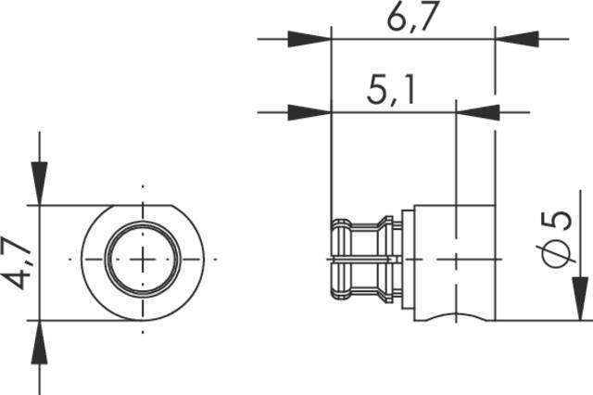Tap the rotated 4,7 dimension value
coord(18,263)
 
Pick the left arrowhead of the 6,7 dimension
coord(309,40)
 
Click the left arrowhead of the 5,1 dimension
coord(309,113)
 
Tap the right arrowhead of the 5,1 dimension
coord(478,113)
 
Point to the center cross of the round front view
coord(142,260)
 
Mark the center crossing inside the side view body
coord(455,257)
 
